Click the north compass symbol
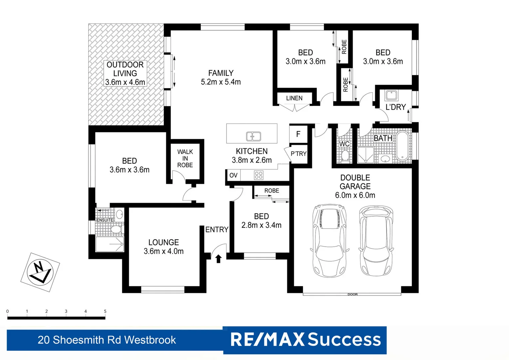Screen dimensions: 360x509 click(40, 272)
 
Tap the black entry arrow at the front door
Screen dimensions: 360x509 click(219, 259)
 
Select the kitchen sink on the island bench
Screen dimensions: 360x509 click(254, 136)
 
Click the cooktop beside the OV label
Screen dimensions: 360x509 click(258, 175)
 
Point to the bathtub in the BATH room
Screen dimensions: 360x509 click(402, 146)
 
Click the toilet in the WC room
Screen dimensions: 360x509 click(345, 156)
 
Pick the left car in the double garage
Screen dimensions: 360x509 click(329, 240)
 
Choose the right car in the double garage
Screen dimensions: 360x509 click(376, 240)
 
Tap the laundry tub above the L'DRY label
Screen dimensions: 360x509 click(391, 95)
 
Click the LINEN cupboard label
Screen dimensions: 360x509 click(294, 98)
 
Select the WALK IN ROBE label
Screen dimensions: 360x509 click(185, 158)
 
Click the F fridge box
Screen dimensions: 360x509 click(298, 134)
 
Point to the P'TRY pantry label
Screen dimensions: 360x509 click(298, 154)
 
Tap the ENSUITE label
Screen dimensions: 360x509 click(105, 220)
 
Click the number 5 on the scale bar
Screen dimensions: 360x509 click(105, 311)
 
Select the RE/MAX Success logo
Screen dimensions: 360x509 click(305, 340)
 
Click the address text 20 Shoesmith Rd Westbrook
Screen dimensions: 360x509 click(107, 340)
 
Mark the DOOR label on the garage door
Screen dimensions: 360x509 click(352, 294)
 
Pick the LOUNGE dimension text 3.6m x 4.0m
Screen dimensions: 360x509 click(164, 251)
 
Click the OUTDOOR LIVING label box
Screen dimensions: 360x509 click(125, 73)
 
